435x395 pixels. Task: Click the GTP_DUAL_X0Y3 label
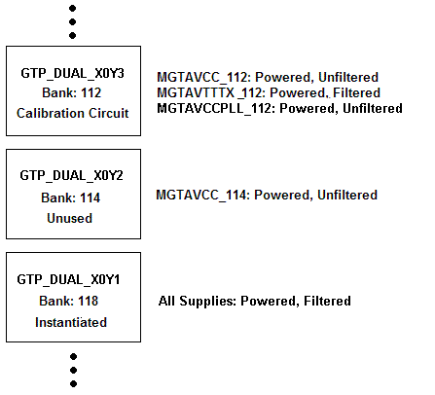pos(73,73)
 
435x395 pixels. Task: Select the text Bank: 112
pos(73,92)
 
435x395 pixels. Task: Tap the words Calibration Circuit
pos(73,113)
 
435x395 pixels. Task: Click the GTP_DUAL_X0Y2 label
pos(73,176)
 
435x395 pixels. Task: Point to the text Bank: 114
pos(73,197)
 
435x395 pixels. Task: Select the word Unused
pos(73,218)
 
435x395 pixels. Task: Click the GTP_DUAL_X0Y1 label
pos(73,279)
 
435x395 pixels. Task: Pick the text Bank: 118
pos(73,301)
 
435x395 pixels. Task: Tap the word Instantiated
pos(73,322)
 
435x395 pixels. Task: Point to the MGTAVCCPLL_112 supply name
pos(216,108)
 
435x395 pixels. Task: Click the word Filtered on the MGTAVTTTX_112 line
pos(352,92)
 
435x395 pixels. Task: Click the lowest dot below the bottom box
pos(73,384)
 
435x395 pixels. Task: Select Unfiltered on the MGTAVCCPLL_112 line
pos(374,108)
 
